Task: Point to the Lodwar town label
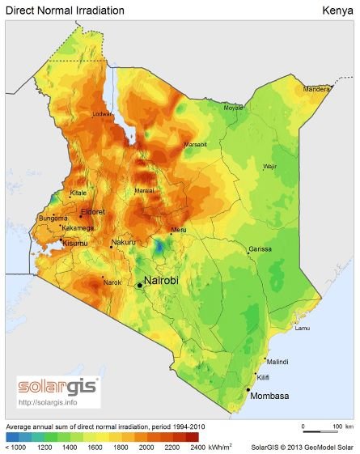click(x=104, y=114)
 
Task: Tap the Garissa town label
click(x=260, y=248)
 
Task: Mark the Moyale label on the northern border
click(x=233, y=107)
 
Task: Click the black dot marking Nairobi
click(x=139, y=285)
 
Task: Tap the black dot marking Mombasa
click(x=248, y=391)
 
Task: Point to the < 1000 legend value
click(x=17, y=446)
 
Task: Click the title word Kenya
click(x=337, y=11)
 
